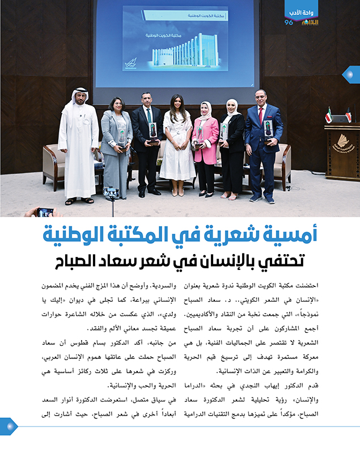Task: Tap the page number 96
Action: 289,22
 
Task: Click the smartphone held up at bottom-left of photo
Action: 45,212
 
